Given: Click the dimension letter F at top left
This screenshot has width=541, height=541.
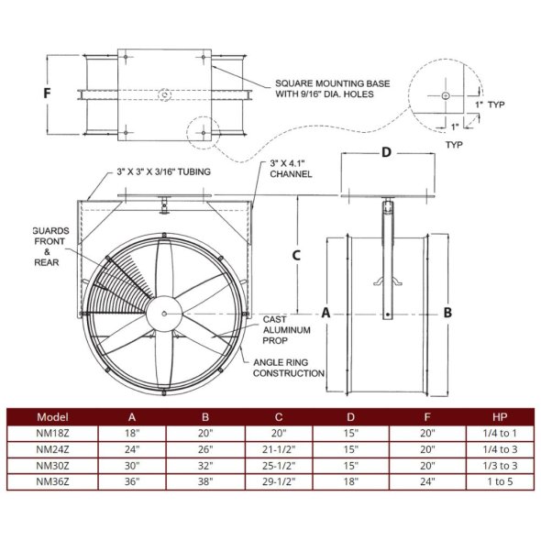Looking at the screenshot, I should (47, 94).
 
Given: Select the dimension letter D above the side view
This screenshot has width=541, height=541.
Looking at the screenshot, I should (386, 152).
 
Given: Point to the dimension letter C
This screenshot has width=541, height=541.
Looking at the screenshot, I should (296, 256).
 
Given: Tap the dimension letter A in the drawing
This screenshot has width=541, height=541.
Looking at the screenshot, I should (326, 312).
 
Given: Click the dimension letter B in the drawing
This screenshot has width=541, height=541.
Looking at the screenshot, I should (447, 312).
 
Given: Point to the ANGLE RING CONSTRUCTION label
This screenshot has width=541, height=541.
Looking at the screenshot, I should (290, 367).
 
